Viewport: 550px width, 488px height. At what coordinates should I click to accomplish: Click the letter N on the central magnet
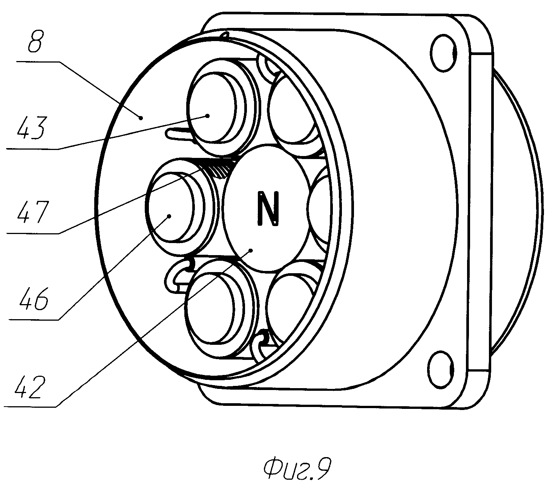[x=268, y=208]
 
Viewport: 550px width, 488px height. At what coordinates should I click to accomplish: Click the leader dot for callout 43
[x=208, y=115]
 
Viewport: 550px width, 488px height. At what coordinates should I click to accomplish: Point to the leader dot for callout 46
[x=169, y=216]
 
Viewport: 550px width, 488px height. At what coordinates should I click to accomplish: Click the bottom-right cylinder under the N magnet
[x=290, y=301]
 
